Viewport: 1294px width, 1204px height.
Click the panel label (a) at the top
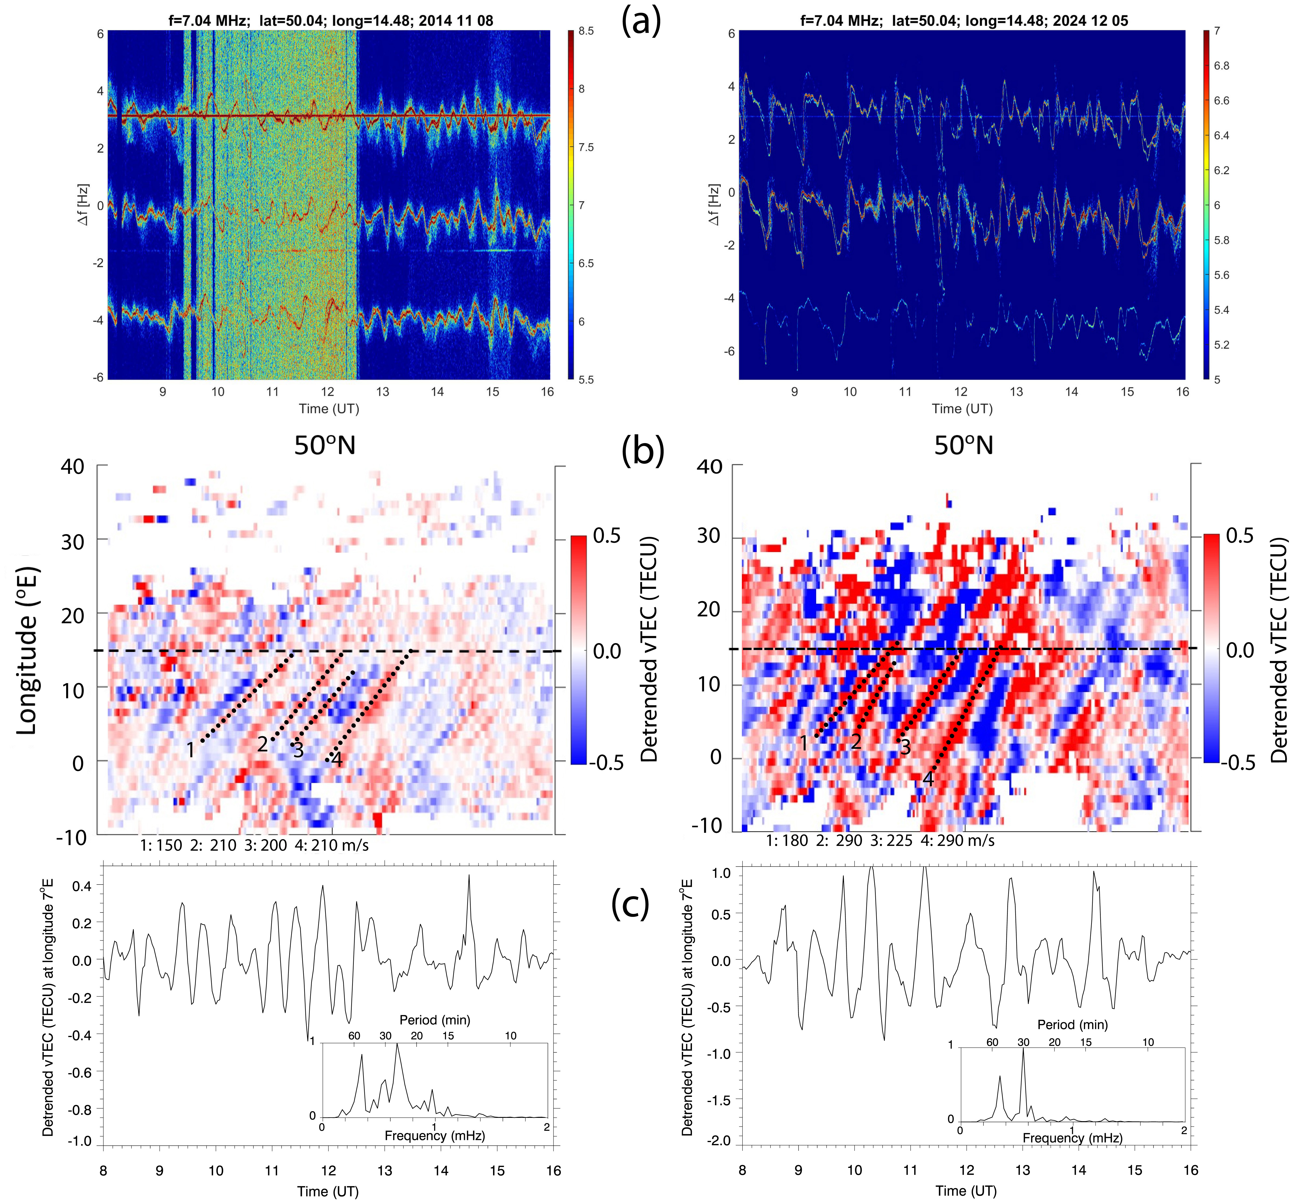click(641, 21)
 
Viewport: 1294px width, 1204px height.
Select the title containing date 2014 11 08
click(331, 21)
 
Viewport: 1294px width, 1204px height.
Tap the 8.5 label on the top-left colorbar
click(586, 31)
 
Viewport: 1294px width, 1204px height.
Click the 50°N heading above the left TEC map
click(325, 446)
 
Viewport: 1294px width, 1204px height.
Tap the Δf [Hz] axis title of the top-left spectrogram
click(83, 205)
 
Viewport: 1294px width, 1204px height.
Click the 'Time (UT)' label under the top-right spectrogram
click(962, 409)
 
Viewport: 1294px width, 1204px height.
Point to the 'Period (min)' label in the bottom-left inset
click(435, 1020)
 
